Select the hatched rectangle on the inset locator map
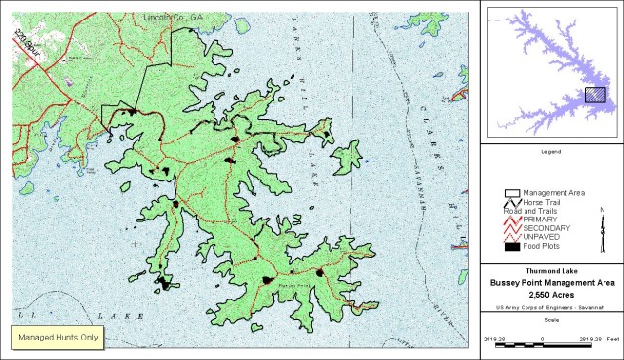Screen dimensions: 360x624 point(595,95)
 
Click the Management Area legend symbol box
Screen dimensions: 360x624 point(512,194)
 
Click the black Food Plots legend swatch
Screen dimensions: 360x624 point(512,248)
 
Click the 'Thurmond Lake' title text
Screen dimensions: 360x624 point(551,271)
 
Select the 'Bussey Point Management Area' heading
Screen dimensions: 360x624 point(551,283)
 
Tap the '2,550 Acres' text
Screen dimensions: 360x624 point(551,294)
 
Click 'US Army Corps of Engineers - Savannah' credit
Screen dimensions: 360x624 point(551,307)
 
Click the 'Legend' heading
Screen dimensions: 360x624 point(551,152)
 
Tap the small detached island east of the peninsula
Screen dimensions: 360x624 point(346,157)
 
